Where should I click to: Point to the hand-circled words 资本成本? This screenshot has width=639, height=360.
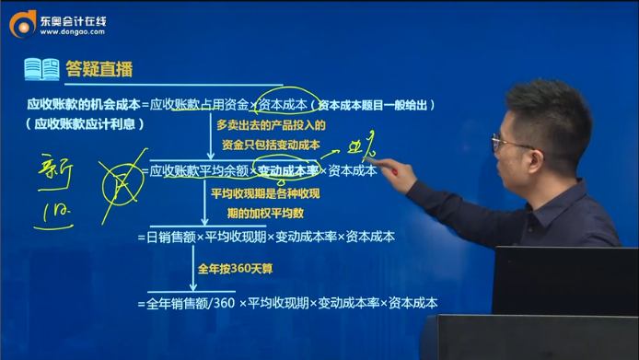click(284, 104)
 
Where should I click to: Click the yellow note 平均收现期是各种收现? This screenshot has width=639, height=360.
click(269, 195)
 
